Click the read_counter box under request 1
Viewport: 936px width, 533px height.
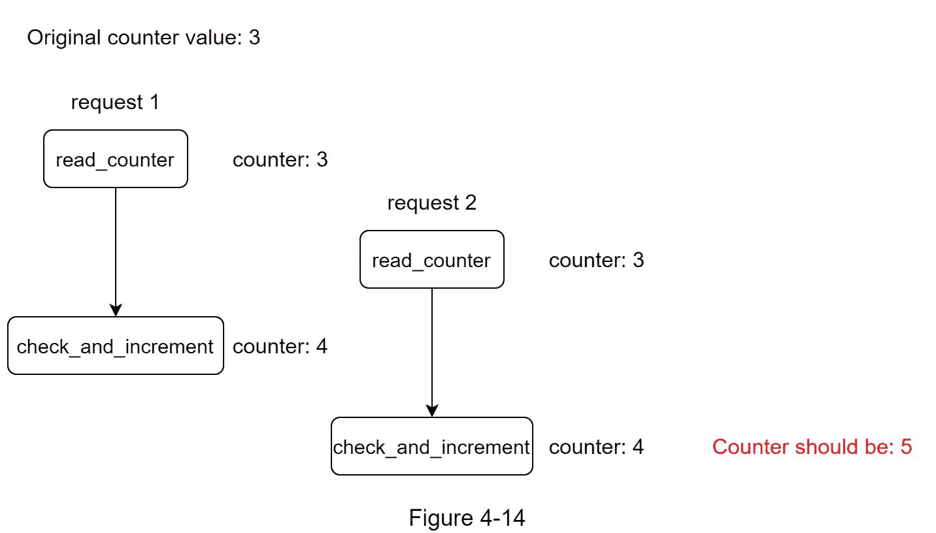click(116, 159)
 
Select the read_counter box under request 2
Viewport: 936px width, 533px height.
click(431, 259)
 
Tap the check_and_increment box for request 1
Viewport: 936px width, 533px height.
click(116, 346)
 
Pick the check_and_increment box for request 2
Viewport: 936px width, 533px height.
click(431, 446)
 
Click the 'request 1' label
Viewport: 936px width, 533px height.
click(115, 103)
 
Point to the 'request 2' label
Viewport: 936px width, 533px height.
click(431, 203)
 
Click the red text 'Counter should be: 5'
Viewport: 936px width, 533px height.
click(812, 447)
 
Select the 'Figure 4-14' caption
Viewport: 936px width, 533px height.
click(467, 518)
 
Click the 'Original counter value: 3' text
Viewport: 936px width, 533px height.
click(144, 38)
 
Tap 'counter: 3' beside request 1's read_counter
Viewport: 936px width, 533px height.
click(280, 160)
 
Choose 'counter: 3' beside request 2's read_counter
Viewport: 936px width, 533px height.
click(596, 261)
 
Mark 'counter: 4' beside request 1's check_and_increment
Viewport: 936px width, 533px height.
click(280, 347)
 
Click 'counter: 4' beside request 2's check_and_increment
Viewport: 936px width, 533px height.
click(596, 447)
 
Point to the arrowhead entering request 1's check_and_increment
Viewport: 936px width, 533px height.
click(116, 311)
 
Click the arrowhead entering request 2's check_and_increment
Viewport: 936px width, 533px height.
click(431, 412)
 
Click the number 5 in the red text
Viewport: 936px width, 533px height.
click(906, 447)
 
